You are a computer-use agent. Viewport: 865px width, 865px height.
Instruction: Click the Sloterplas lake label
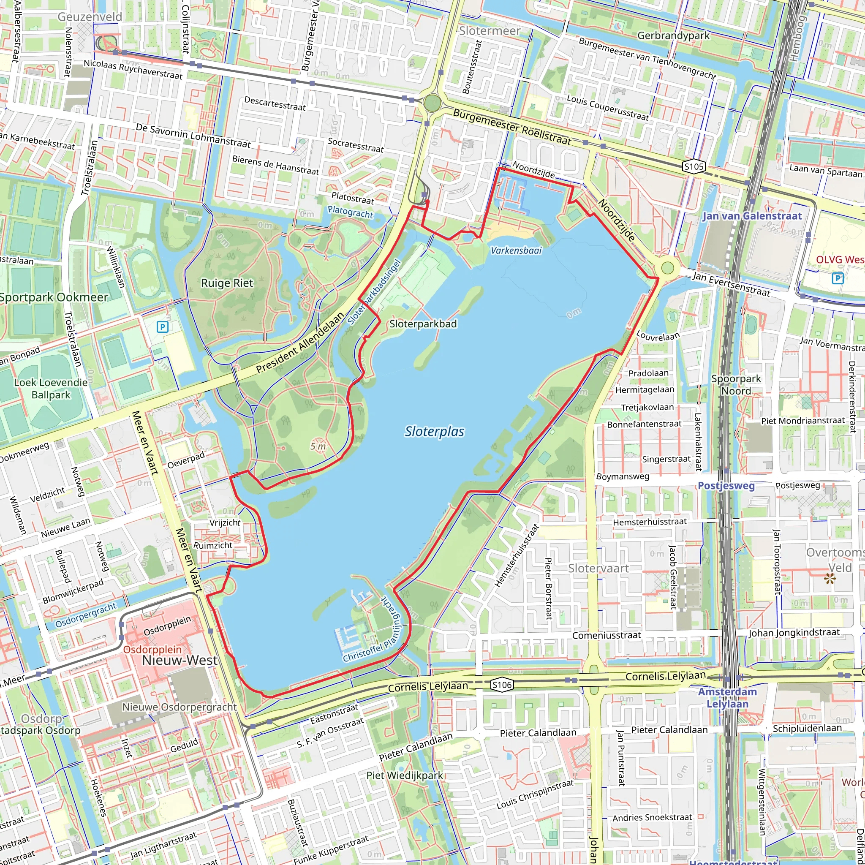(434, 432)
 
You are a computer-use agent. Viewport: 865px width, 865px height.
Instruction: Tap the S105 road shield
(694, 167)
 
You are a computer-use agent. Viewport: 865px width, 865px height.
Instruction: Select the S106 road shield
(501, 685)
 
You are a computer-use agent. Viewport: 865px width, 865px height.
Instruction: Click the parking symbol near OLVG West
(837, 278)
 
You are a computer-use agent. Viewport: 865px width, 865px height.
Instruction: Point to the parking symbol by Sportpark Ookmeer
(163, 327)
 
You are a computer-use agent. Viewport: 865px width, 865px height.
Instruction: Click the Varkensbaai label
(516, 251)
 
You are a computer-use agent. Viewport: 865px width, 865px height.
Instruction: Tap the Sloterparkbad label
(423, 324)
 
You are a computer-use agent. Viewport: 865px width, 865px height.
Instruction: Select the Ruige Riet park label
(227, 283)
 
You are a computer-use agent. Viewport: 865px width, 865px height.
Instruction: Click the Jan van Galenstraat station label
(752, 216)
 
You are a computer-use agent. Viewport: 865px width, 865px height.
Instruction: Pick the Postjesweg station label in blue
(726, 486)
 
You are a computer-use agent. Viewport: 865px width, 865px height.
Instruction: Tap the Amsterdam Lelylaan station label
(727, 698)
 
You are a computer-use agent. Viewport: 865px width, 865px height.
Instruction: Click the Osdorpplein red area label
(152, 650)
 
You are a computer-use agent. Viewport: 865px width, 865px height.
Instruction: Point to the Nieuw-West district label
(180, 661)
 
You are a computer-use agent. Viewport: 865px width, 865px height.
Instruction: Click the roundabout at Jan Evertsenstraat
(667, 268)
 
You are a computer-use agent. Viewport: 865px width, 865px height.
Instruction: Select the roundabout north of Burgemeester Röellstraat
(432, 103)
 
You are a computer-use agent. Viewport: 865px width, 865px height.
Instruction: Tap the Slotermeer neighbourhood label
(490, 31)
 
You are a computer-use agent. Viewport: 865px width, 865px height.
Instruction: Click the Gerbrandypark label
(673, 35)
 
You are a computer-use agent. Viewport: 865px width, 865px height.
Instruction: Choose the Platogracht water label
(350, 211)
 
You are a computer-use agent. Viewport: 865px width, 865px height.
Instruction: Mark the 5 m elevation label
(318, 446)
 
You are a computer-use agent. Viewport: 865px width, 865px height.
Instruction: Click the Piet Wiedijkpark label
(405, 775)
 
